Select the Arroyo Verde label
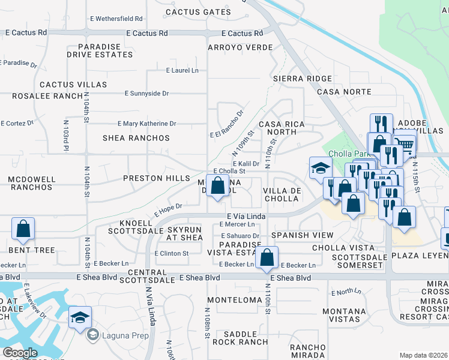(240, 47)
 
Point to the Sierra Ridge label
(302, 79)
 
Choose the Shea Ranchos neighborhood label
(136, 138)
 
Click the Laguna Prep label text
(125, 335)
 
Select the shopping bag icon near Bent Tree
(23, 229)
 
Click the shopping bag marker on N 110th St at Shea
(267, 258)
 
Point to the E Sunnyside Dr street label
(147, 94)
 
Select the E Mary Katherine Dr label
(147, 124)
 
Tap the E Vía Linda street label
(246, 215)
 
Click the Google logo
(20, 353)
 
